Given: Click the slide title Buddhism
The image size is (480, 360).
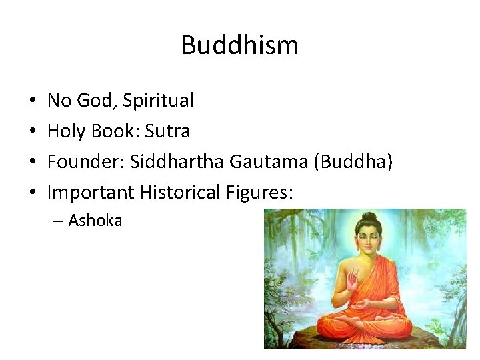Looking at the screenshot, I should pyautogui.click(x=240, y=45).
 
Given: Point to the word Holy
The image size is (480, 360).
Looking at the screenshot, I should pyautogui.click(x=66, y=132).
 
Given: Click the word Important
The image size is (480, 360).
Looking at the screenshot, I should pyautogui.click(x=91, y=193).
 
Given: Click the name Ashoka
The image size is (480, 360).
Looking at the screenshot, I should pyautogui.click(x=95, y=221).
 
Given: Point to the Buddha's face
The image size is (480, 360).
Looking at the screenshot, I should pyautogui.click(x=366, y=244).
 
